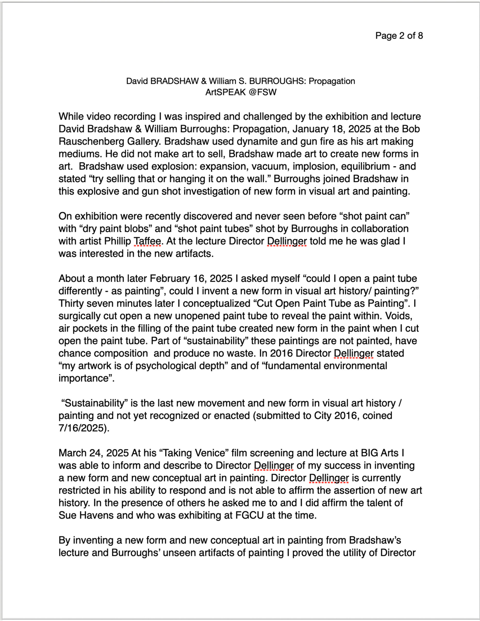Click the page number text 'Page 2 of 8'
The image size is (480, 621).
pyautogui.click(x=399, y=36)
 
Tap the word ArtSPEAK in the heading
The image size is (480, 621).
pyautogui.click(x=226, y=92)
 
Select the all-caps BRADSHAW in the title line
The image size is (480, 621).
pyautogui.click(x=174, y=81)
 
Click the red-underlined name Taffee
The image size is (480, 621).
pyautogui.click(x=147, y=241)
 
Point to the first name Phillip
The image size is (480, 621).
pyautogui.click(x=117, y=241)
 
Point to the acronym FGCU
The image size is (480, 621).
pyautogui.click(x=249, y=515)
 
